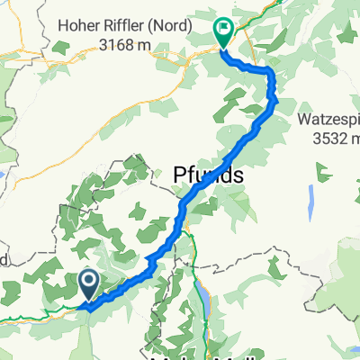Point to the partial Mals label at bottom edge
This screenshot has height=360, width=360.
click(180, 353)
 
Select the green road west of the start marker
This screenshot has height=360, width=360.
click(36, 314)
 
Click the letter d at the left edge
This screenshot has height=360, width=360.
click(4, 259)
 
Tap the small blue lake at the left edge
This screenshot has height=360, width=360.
click(4, 176)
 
